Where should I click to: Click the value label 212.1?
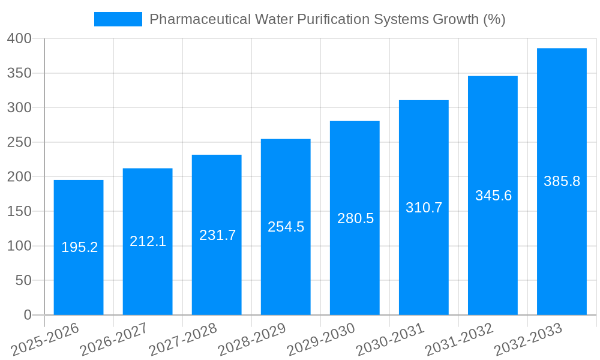148,241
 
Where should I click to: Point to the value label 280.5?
355,218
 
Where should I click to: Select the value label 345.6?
493,196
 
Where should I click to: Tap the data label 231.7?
217,235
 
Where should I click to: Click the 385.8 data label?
562,181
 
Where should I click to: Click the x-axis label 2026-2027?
114,339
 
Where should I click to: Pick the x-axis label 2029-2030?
322,339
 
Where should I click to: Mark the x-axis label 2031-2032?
460,339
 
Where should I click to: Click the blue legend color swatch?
118,19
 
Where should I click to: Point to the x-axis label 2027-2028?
183,339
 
